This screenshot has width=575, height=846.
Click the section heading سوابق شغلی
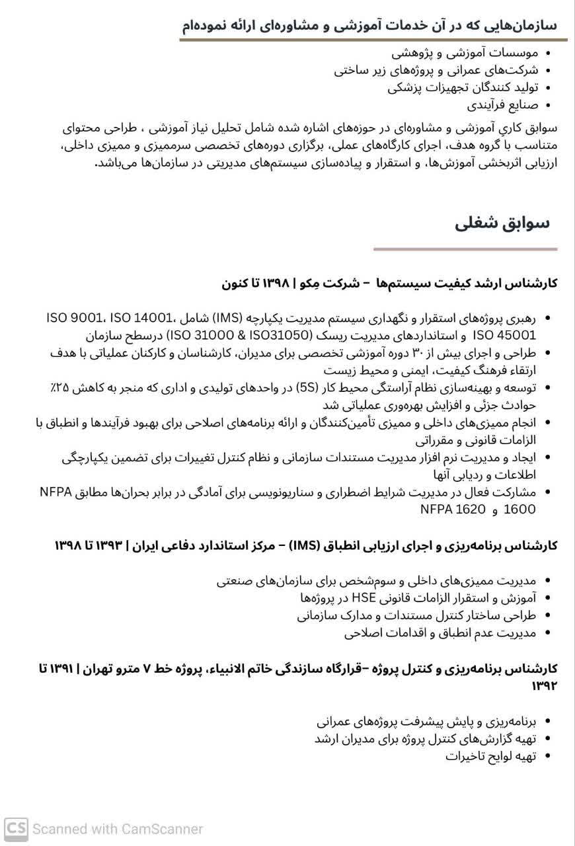point(502,223)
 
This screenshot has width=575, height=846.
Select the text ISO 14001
point(141,318)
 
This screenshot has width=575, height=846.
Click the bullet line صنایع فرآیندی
point(502,105)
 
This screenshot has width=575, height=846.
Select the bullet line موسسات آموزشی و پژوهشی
point(465,52)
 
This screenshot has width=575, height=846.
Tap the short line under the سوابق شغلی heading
point(465,250)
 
